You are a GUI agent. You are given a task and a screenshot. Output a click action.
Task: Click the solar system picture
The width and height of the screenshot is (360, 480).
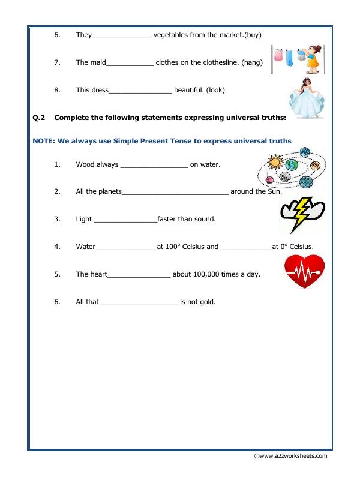click(292, 169)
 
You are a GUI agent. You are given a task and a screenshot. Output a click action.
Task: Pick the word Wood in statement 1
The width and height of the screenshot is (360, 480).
click(85, 164)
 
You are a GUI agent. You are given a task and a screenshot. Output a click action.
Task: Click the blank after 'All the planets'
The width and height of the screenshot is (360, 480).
click(175, 191)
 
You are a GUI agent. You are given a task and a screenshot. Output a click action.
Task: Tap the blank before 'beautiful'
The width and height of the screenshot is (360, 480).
click(140, 90)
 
